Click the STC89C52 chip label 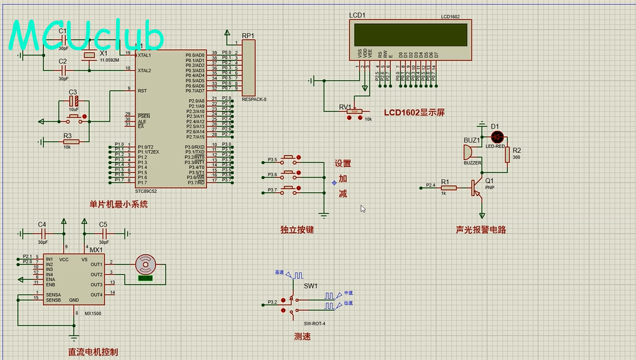click(146, 191)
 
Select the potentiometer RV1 click(355, 111)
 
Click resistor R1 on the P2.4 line click(449, 188)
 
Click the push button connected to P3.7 click(288, 188)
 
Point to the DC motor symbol click(145, 264)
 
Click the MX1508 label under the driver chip click(93, 314)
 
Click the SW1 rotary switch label click(310, 286)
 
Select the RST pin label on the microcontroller click(142, 91)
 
